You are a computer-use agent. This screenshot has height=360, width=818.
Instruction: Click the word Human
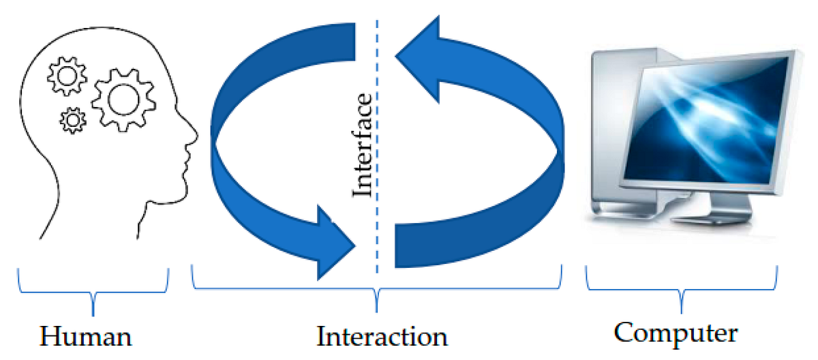(x=85, y=337)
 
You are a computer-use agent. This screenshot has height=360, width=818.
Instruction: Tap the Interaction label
(x=382, y=337)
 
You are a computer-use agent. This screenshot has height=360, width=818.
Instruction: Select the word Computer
(x=676, y=333)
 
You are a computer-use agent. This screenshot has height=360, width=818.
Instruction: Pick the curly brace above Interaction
(x=377, y=286)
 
